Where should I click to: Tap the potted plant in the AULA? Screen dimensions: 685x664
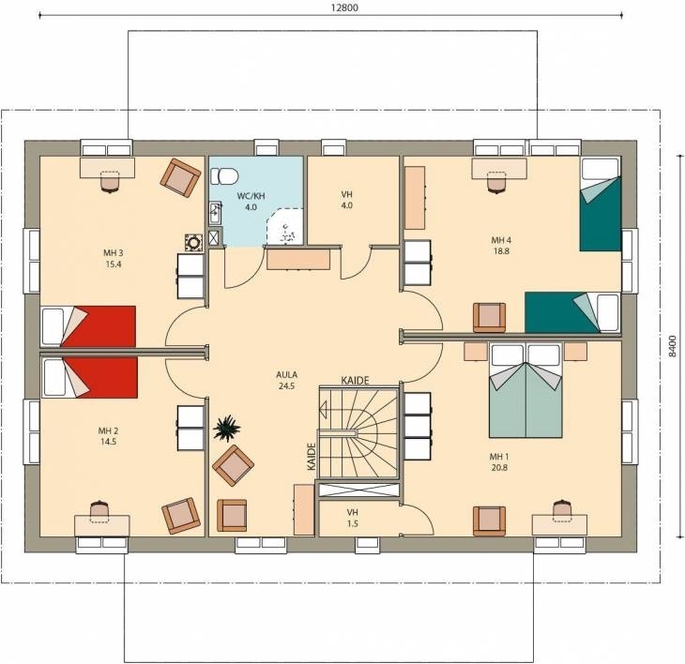[x=227, y=429]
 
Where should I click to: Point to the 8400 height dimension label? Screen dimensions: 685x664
[x=672, y=347]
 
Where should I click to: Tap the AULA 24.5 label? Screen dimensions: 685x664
[x=286, y=380]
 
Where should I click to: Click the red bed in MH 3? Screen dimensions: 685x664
[x=88, y=325]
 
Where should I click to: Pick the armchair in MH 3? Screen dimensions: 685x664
[x=181, y=176]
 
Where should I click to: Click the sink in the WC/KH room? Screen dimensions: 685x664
[x=215, y=213]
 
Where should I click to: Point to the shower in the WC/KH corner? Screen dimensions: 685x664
[x=285, y=226]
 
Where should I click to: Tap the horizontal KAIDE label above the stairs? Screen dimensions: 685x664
[x=356, y=380]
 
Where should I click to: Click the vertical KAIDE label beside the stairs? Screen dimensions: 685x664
[x=312, y=456]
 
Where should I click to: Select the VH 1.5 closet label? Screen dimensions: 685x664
[x=353, y=518]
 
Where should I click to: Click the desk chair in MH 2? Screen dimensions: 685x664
[x=101, y=510]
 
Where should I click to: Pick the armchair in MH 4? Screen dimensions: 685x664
[x=489, y=318]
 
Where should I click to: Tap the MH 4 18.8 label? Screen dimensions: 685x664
[x=501, y=246]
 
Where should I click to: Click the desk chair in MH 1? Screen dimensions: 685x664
[x=562, y=510]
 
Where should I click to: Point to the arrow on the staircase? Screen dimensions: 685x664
[x=324, y=410]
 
